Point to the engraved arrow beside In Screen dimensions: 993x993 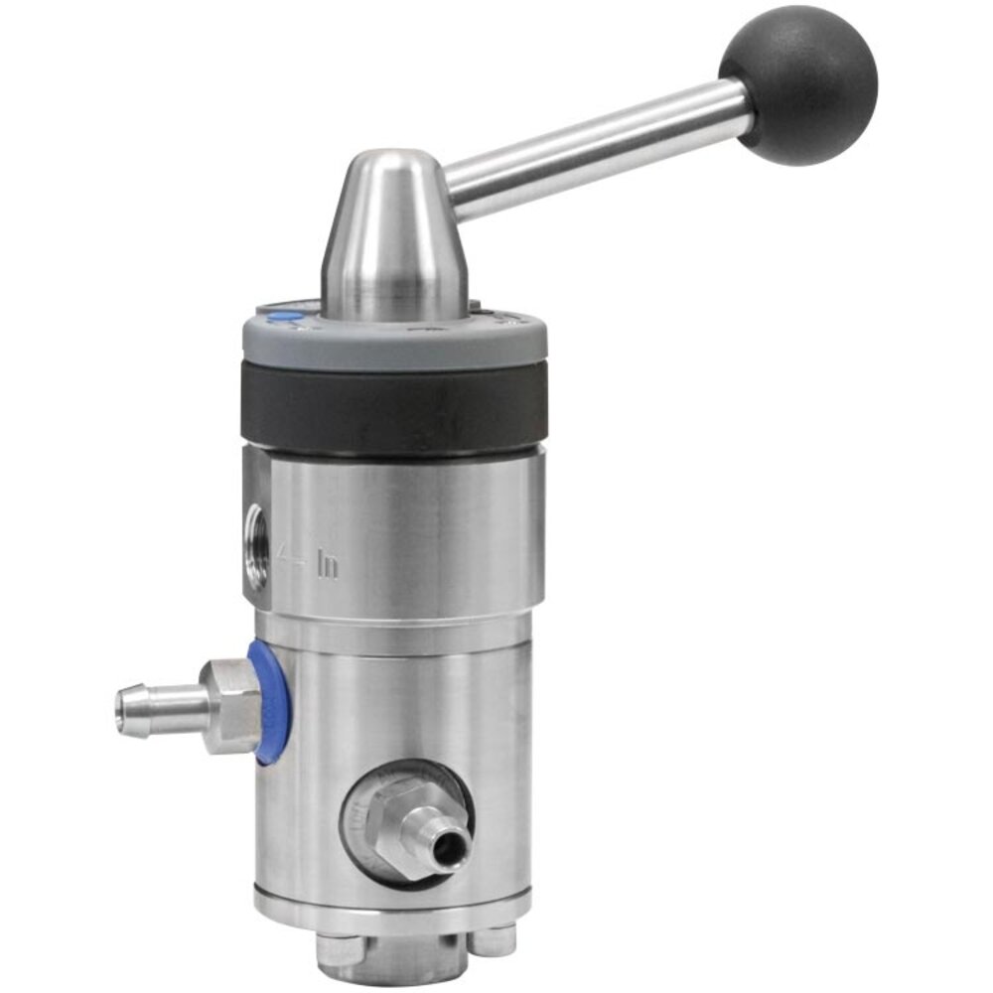(293, 559)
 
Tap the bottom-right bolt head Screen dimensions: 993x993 (494, 939)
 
